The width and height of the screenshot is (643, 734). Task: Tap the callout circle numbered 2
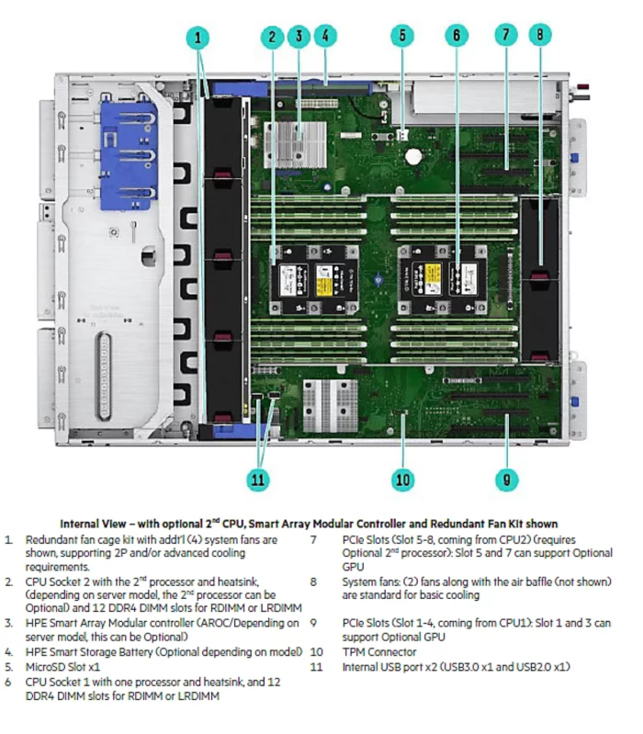coord(272,38)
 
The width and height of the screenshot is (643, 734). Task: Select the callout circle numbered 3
coord(299,37)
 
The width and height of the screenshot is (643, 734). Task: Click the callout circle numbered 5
coord(402,37)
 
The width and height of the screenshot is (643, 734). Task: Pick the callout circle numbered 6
coord(456,37)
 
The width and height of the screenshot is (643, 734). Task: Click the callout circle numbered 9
coord(505,479)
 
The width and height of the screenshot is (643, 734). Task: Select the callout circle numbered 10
coord(402,479)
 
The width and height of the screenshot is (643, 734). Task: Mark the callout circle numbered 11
coord(260,479)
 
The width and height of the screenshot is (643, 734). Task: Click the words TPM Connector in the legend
coord(379,652)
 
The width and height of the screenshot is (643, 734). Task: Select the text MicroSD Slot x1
coord(64,666)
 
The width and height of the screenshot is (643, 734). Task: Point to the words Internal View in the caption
coord(91,524)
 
